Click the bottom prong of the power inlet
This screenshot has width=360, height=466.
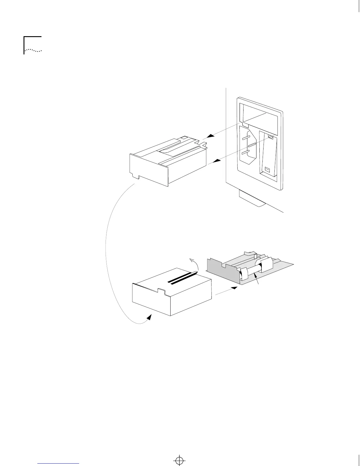pos(246,152)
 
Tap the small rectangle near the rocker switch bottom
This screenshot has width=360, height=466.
pos(267,169)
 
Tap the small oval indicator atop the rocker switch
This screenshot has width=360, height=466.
pos(271,137)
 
